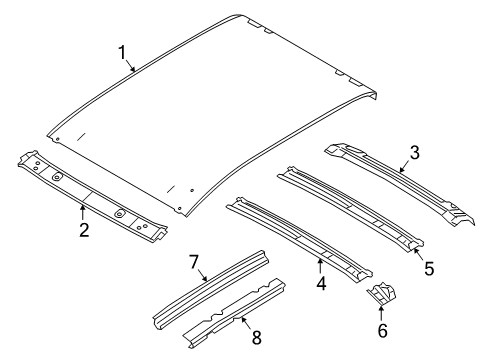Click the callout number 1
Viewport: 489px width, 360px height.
point(122,52)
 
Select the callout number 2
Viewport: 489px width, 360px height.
point(84,230)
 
